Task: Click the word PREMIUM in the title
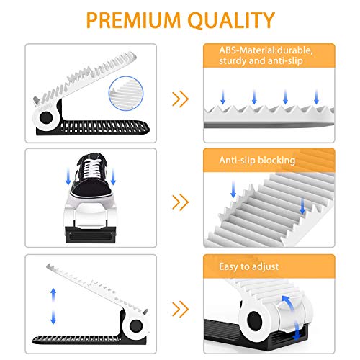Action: [x=133, y=20]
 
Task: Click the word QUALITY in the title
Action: [x=231, y=20]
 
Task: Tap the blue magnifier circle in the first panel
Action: [x=126, y=94]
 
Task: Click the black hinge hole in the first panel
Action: [x=46, y=117]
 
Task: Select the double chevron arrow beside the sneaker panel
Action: [x=181, y=202]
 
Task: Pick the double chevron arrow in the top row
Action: [x=181, y=99]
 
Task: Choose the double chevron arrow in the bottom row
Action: [x=181, y=309]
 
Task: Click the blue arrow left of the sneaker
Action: [x=68, y=176]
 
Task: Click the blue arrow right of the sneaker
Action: [x=113, y=176]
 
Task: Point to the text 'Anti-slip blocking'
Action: [x=257, y=161]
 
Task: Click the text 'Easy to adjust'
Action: [x=249, y=267]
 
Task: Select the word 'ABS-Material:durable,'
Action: [x=266, y=50]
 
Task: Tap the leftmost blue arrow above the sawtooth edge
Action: [x=223, y=96]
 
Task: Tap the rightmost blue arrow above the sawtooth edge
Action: [x=316, y=96]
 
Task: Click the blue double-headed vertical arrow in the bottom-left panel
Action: [x=53, y=306]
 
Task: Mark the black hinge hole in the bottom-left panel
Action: [x=136, y=326]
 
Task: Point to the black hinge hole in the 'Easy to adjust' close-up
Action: [x=255, y=320]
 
